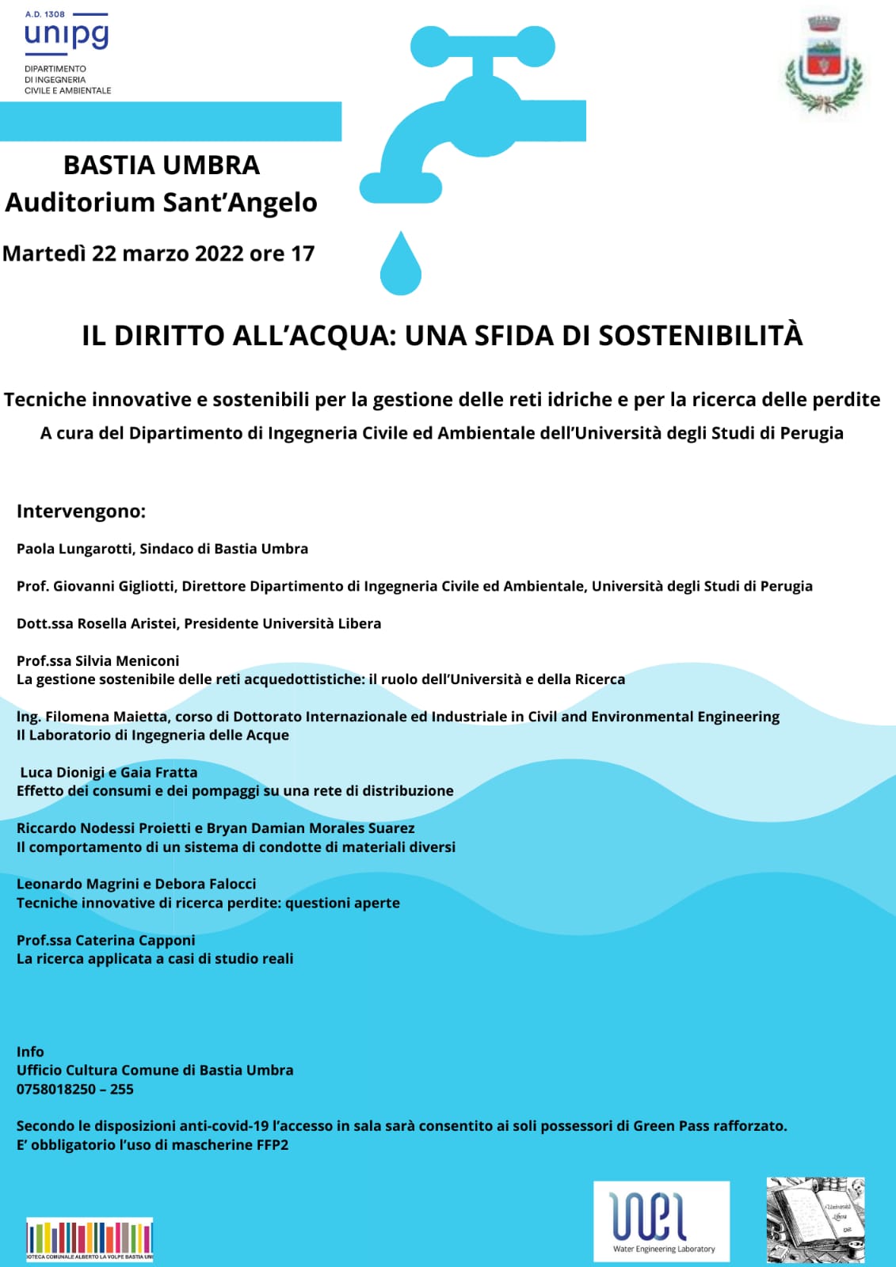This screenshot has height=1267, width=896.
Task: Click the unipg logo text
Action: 67,36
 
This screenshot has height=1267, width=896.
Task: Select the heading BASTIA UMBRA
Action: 162,166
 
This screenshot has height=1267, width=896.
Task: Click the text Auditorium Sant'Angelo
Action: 162,203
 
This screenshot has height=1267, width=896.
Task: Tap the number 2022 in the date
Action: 219,253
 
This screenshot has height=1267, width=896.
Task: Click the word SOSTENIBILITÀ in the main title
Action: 700,336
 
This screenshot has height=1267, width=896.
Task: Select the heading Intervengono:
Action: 81,512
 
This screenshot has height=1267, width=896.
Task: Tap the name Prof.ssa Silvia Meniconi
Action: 98,660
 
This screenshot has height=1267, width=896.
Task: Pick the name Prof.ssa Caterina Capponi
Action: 106,940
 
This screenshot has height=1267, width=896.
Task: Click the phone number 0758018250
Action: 56,1089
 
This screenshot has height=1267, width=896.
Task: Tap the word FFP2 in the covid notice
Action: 273,1145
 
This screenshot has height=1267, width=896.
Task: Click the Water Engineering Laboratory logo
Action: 662,1221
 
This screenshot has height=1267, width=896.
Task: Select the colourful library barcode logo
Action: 90,1239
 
